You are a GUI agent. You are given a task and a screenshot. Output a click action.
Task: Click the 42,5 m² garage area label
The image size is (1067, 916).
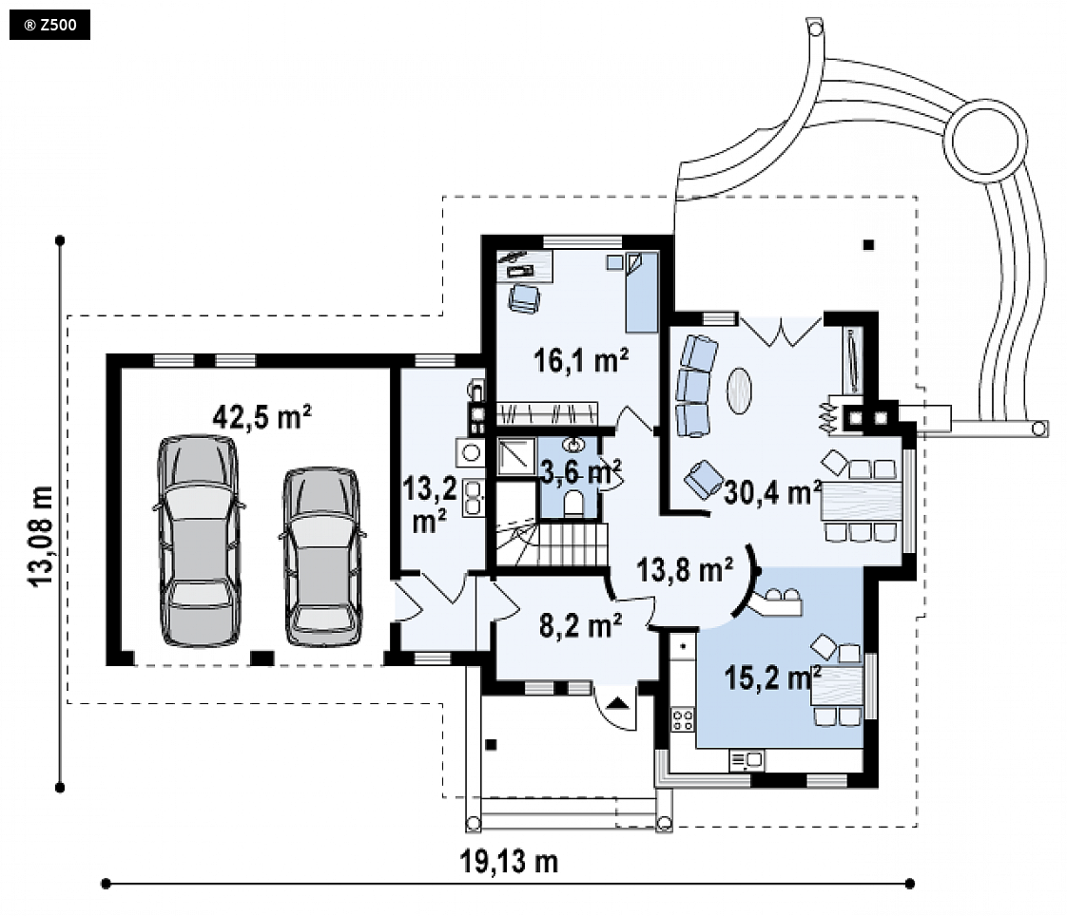pos(262,416)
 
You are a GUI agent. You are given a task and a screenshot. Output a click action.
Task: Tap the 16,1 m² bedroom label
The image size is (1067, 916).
pos(580,360)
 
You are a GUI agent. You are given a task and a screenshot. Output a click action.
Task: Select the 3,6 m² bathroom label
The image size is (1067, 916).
pos(580,470)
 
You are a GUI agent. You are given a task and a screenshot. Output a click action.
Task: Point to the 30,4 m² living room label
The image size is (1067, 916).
pos(772,492)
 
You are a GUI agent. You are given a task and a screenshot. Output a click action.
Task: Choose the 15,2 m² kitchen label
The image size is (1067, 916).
pos(772,678)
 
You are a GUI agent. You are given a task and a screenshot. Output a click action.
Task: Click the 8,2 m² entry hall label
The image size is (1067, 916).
pos(580,625)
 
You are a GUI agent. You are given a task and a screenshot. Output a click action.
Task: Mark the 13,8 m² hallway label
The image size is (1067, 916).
pos(685,570)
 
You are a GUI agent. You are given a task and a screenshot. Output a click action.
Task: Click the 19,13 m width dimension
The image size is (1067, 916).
pos(509,862)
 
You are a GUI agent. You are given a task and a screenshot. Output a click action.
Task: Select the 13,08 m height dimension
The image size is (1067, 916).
pos(41,535)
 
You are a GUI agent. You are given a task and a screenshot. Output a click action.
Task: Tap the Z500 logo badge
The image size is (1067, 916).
pos(49,26)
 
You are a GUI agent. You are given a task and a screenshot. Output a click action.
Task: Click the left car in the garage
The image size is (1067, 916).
pos(199,541)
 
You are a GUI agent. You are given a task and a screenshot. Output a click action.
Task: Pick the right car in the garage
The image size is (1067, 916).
pos(322,556)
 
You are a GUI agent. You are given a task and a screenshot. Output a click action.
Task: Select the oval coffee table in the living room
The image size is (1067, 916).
pos(740,391)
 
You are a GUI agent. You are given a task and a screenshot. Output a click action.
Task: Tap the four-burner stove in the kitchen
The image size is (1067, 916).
pos(683,719)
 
